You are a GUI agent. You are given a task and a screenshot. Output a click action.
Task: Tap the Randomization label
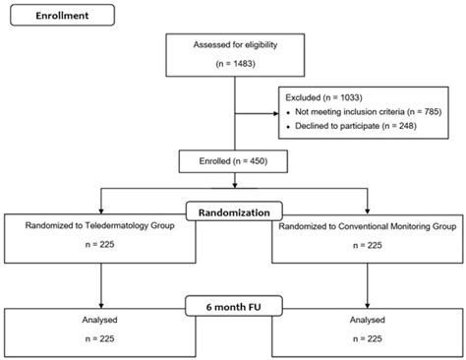232,209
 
